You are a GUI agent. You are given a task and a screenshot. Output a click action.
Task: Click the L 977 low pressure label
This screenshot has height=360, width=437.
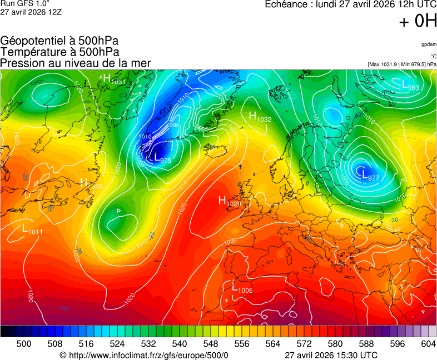click(370, 176)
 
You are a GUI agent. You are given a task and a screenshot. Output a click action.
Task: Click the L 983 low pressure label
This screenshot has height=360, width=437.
click(410, 85)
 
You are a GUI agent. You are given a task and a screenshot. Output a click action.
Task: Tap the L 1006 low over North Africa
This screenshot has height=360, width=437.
click(242, 288)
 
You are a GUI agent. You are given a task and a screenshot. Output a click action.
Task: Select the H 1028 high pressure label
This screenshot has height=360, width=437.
click(91, 183)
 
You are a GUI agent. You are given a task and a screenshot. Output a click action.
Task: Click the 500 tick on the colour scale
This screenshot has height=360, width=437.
click(24, 344)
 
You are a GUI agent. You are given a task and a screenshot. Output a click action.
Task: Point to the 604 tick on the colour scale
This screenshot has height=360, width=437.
click(428, 344)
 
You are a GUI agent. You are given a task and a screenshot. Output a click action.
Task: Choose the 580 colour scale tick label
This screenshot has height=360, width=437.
click(335, 344)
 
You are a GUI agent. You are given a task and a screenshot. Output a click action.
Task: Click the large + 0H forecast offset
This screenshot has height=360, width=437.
click(417, 21)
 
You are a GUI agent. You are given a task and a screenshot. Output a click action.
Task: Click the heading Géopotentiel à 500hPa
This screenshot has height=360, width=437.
click(59, 41)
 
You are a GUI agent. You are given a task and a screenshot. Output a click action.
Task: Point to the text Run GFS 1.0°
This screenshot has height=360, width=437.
click(25, 3)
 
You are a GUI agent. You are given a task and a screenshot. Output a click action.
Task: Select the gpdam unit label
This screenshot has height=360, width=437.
click(428, 44)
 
